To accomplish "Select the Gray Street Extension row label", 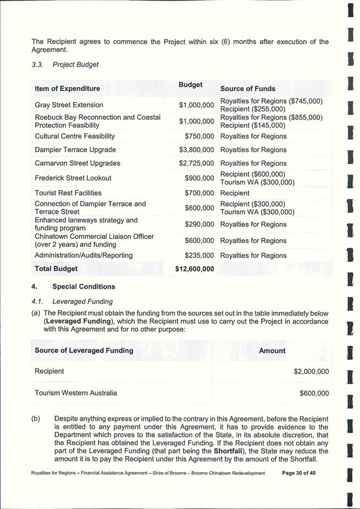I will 69,105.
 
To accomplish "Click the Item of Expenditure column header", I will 67,89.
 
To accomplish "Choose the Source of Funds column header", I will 248,89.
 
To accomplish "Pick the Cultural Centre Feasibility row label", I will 75,136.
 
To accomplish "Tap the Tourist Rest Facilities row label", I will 68,193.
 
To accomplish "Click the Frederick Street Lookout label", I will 73,178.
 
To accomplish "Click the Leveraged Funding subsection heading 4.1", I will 82,301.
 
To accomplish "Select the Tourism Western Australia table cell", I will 76,393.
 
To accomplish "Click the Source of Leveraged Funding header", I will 84,350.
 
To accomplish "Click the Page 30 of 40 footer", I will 299,473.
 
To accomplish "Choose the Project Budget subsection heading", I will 76,64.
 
